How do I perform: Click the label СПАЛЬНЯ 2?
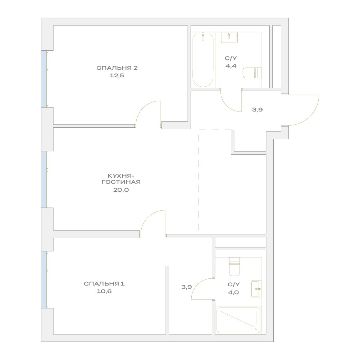click(117, 68)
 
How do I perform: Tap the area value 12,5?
click(117, 76)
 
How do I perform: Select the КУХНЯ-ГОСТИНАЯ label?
click(121, 179)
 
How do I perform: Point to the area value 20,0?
click(121, 190)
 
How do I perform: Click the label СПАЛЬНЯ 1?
click(104, 284)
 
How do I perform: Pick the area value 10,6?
click(104, 291)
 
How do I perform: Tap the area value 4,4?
click(231, 66)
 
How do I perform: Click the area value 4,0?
click(233, 292)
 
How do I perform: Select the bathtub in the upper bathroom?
click(203, 60)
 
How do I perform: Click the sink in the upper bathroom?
click(229, 38)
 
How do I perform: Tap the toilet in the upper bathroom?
click(252, 73)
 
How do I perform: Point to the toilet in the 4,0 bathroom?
click(234, 266)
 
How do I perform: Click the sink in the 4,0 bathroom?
click(256, 289)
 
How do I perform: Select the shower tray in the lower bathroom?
click(238, 320)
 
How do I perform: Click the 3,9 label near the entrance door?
click(258, 110)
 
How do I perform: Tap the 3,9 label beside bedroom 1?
click(186, 287)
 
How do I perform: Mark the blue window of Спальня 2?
click(44, 79)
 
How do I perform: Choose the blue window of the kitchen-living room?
click(44, 179)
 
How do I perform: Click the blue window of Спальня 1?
click(44, 280)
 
